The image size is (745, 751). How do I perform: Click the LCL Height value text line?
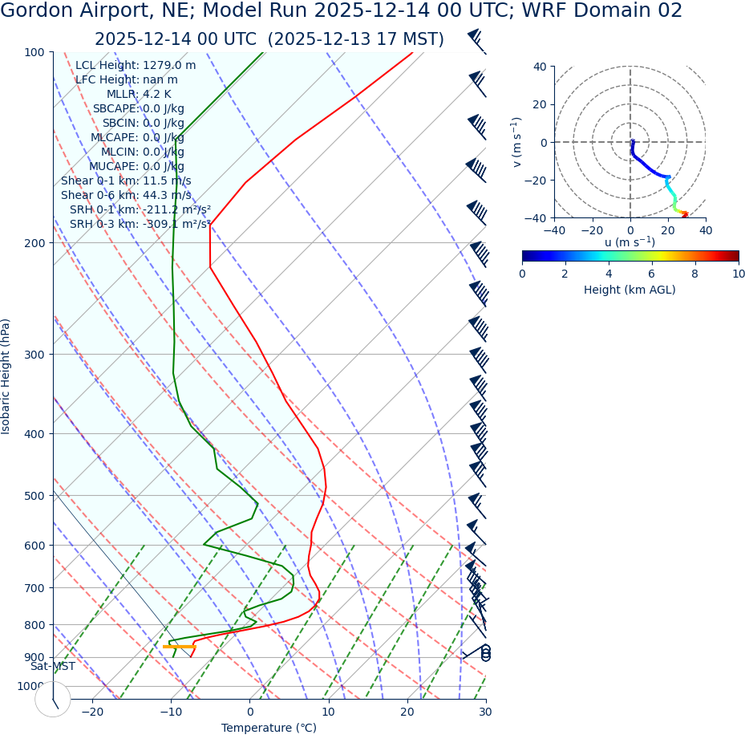click(136, 66)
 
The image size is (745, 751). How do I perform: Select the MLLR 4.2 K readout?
click(139, 95)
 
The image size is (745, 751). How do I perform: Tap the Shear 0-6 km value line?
click(126, 196)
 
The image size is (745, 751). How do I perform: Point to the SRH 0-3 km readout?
click(140, 225)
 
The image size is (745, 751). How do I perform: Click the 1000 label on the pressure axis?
click(31, 686)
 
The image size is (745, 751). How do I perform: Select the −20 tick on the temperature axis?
click(92, 712)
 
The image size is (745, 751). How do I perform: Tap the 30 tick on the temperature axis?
click(485, 712)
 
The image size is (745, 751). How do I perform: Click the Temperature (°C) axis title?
click(269, 729)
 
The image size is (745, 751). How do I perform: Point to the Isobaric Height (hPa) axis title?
click(6, 376)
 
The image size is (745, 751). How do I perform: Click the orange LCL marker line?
click(179, 646)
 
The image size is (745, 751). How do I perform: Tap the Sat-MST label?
click(53, 667)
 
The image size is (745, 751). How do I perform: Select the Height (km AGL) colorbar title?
click(630, 290)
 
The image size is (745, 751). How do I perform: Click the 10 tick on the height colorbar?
click(738, 274)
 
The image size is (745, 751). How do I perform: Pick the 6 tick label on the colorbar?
click(652, 274)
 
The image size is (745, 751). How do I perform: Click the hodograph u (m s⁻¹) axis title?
click(630, 242)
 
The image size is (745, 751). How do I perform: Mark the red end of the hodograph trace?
click(684, 214)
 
